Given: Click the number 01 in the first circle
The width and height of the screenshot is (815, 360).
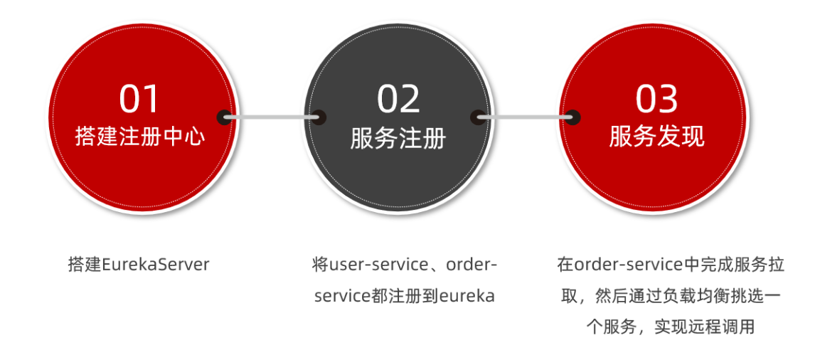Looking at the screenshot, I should (139, 100).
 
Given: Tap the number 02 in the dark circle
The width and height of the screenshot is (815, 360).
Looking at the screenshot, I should (398, 100).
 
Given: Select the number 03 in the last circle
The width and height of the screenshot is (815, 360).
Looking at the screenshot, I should (656, 100).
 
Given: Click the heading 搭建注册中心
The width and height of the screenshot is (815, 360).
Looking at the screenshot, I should (139, 137).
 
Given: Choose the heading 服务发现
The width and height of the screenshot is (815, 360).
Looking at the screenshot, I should (656, 137).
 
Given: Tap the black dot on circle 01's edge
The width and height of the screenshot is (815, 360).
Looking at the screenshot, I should (225, 117).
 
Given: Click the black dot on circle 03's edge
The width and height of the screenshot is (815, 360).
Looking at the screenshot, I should (573, 117).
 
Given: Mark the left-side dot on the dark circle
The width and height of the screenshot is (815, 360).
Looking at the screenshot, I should (318, 117).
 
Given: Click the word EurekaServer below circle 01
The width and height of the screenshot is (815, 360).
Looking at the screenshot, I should (156, 265).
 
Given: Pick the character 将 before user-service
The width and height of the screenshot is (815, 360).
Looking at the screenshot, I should (319, 265).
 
